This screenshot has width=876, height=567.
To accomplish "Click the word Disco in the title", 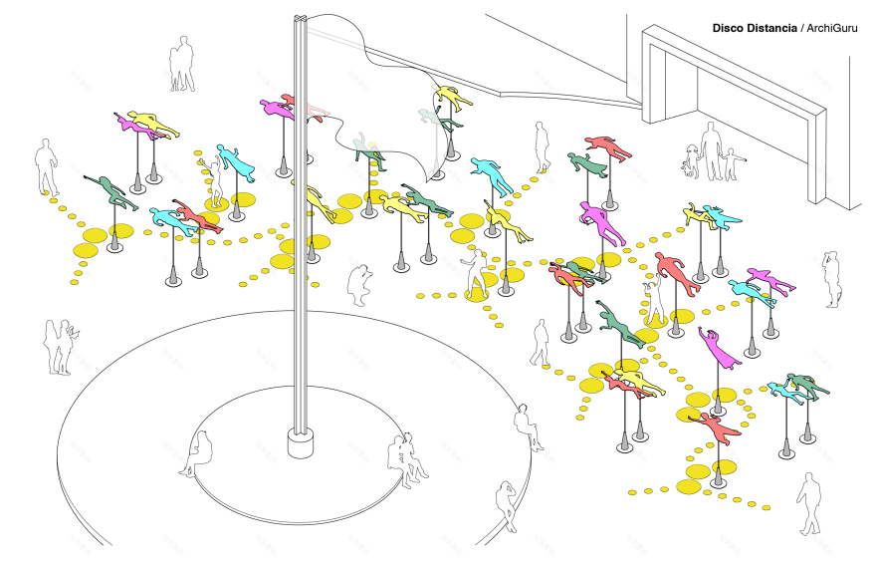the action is click(x=727, y=28).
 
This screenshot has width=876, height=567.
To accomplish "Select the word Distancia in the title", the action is click(x=770, y=28).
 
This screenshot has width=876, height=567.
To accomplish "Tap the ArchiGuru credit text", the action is click(x=832, y=28).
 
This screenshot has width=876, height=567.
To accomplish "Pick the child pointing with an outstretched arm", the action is click(x=732, y=163).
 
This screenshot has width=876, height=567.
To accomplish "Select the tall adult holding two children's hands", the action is click(x=710, y=151).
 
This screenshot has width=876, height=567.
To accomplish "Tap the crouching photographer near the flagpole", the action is click(x=359, y=285).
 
